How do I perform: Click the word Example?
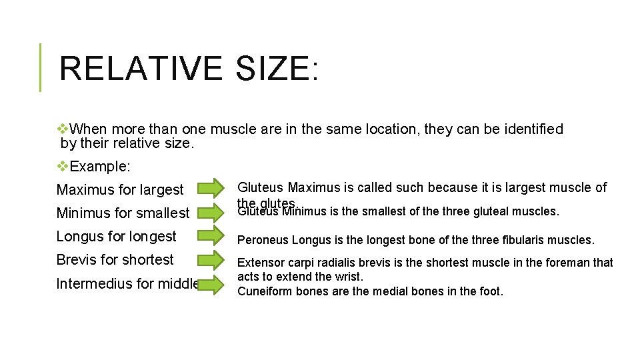tap(100, 166)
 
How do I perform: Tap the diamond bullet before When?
tap(63, 129)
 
